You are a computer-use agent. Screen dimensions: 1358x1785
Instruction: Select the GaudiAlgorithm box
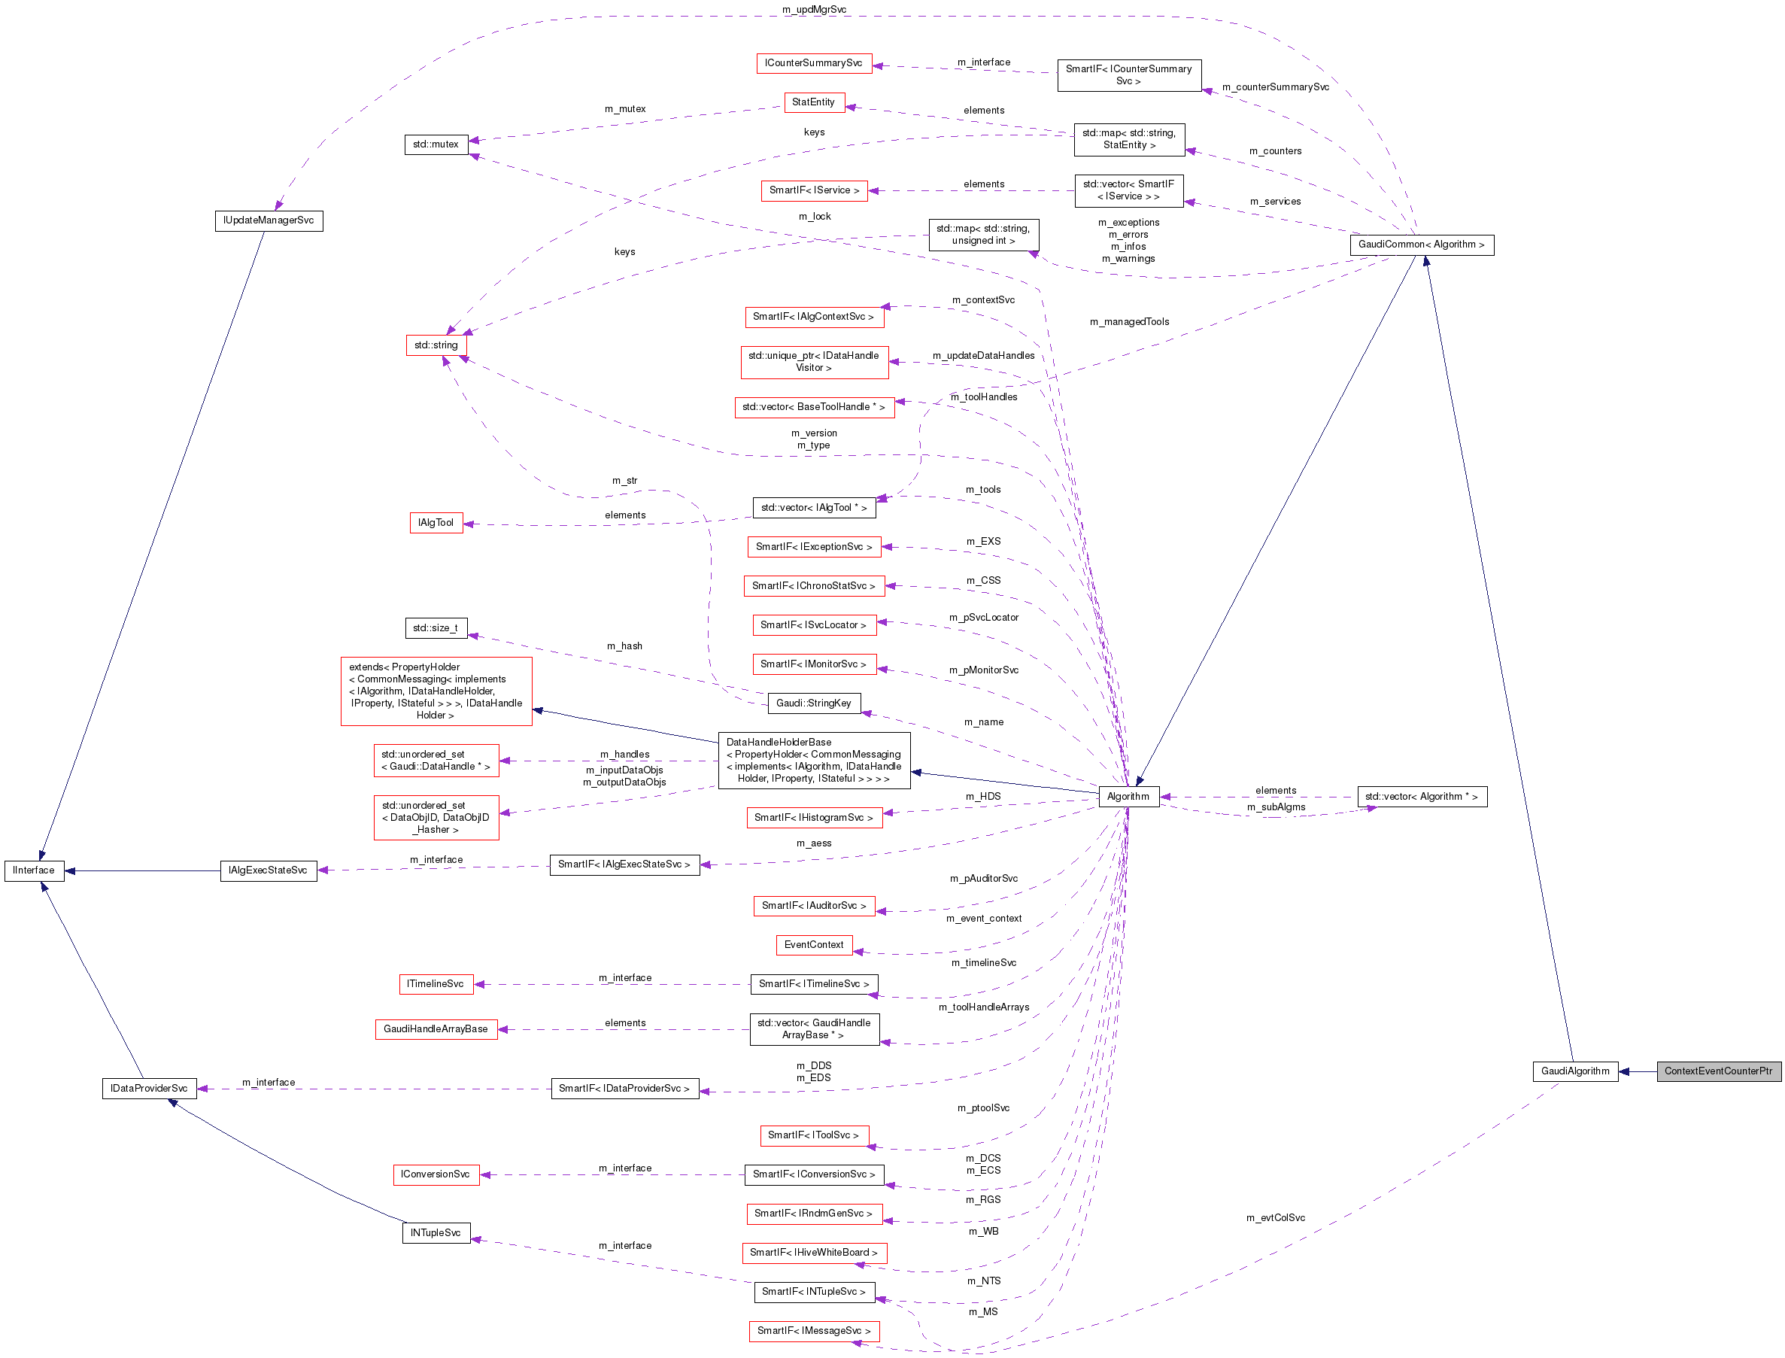(1574, 1071)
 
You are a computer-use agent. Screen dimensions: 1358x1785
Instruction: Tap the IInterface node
(34, 870)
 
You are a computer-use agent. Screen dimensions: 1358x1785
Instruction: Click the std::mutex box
(436, 144)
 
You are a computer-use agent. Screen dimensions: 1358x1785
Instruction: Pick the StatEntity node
(813, 102)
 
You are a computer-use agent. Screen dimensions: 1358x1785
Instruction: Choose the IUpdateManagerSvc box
(269, 220)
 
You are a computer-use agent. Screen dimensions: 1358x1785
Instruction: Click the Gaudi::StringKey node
(813, 703)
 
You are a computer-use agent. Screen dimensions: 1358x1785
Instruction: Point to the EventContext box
(813, 945)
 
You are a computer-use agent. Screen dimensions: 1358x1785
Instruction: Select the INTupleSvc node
(436, 1232)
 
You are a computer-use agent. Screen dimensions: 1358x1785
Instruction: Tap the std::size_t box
(436, 628)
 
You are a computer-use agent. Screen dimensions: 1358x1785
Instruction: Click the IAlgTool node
(436, 523)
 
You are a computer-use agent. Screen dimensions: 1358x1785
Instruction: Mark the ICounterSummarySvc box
(813, 63)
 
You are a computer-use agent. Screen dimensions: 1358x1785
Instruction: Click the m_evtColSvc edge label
(1275, 1218)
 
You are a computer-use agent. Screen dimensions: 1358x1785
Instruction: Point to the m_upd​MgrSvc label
(814, 10)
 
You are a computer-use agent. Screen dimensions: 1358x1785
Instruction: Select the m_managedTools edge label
(1129, 322)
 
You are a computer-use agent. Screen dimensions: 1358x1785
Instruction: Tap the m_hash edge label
(624, 646)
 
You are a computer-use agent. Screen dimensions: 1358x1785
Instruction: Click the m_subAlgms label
(1276, 807)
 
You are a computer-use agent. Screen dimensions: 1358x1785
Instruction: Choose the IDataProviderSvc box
(149, 1089)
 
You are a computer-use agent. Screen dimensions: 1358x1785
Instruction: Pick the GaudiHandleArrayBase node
(436, 1029)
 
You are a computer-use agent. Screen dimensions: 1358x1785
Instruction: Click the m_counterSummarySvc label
(1275, 87)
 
